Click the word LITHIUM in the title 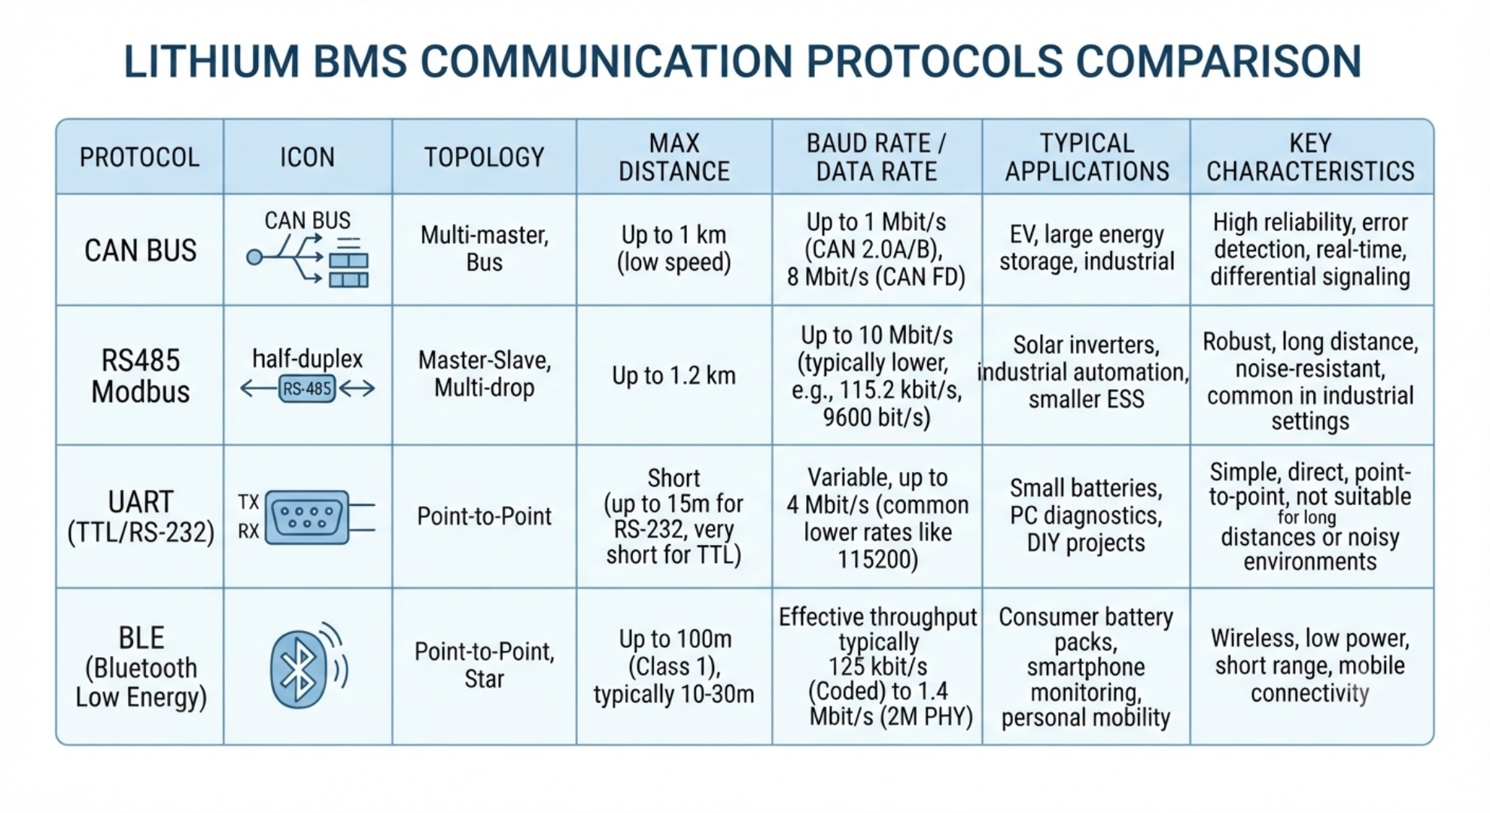(x=211, y=61)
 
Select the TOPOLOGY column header (x=484, y=157)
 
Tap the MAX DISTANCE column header (x=674, y=157)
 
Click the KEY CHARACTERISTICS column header (x=1310, y=157)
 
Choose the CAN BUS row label (x=140, y=251)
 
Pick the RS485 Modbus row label (x=140, y=376)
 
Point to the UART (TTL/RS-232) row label (x=141, y=516)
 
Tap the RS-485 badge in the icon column (x=307, y=388)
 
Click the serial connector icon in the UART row (x=308, y=517)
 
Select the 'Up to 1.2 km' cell (x=674, y=376)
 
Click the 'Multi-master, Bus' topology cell (x=484, y=248)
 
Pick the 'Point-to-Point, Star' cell (x=484, y=665)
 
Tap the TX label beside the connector (x=248, y=502)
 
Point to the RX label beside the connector (x=248, y=531)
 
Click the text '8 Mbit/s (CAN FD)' (x=876, y=277)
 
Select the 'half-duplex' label (x=307, y=358)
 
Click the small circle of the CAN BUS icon (x=254, y=257)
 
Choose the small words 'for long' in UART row (x=1306, y=517)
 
